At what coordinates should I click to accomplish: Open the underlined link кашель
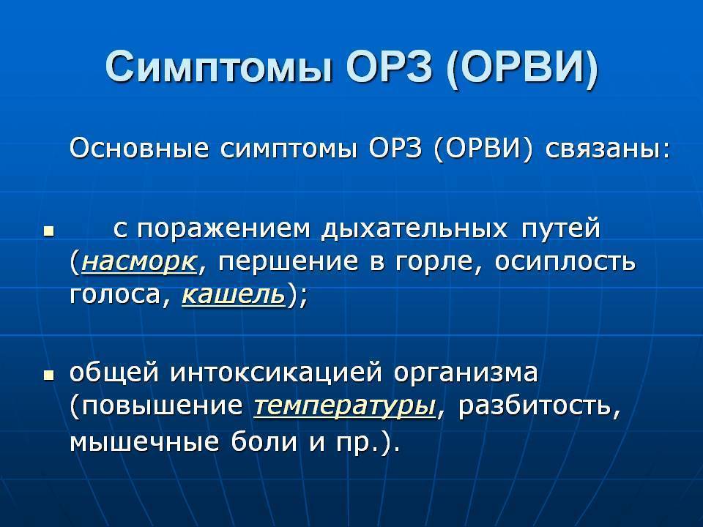[232, 294]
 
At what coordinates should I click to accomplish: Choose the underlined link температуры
[344, 406]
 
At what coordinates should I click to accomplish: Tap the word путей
[560, 228]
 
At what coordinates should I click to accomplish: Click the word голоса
[120, 294]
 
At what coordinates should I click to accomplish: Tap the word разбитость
[537, 406]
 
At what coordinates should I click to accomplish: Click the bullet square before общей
[49, 374]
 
